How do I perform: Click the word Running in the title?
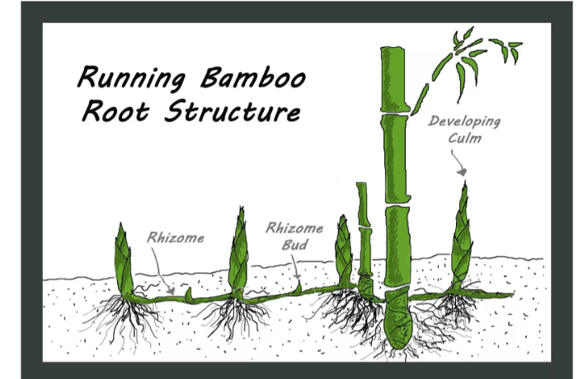[131, 78]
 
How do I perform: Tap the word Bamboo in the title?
[253, 78]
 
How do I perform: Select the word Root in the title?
[115, 110]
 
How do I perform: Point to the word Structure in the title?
[233, 111]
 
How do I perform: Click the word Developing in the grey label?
[464, 122]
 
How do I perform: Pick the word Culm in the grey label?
[464, 138]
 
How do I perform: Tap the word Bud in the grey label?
[294, 245]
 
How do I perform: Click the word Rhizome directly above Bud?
[294, 227]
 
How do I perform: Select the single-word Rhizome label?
[176, 237]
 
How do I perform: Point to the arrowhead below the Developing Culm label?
[462, 172]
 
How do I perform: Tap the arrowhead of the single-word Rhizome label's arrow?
[171, 291]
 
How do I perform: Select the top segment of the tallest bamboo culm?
[393, 79]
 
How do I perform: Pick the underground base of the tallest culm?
[398, 318]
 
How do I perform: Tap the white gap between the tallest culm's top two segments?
[394, 114]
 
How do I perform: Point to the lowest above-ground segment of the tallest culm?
[397, 247]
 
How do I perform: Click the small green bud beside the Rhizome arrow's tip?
[188, 294]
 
